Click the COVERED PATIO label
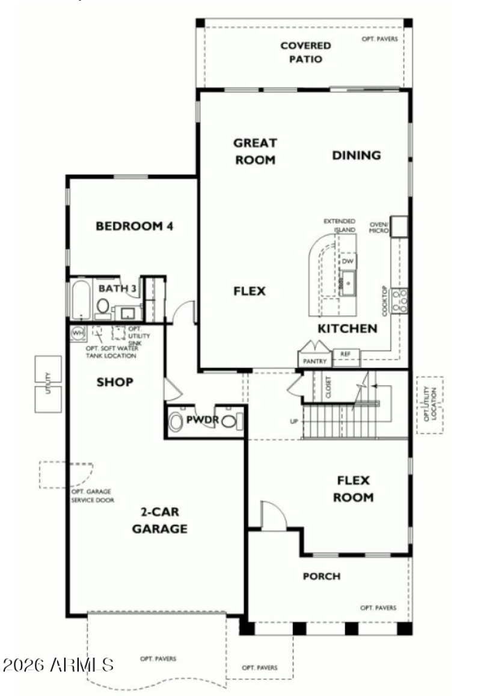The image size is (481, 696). [305, 52]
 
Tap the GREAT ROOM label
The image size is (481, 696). [255, 151]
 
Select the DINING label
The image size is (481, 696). [357, 155]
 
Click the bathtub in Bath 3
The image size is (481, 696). [80, 300]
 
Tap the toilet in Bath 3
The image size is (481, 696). [103, 307]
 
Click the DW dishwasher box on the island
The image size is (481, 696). [348, 261]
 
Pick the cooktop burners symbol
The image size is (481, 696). [400, 301]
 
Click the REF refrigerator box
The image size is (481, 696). [345, 354]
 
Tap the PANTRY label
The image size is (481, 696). [315, 361]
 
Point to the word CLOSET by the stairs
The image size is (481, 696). [328, 388]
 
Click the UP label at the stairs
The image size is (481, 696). [294, 421]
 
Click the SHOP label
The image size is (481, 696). [115, 382]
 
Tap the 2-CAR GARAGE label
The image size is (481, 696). [159, 520]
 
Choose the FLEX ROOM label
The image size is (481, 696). [355, 489]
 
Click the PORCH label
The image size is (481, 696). [321, 576]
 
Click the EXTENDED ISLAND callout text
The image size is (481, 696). [340, 225]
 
